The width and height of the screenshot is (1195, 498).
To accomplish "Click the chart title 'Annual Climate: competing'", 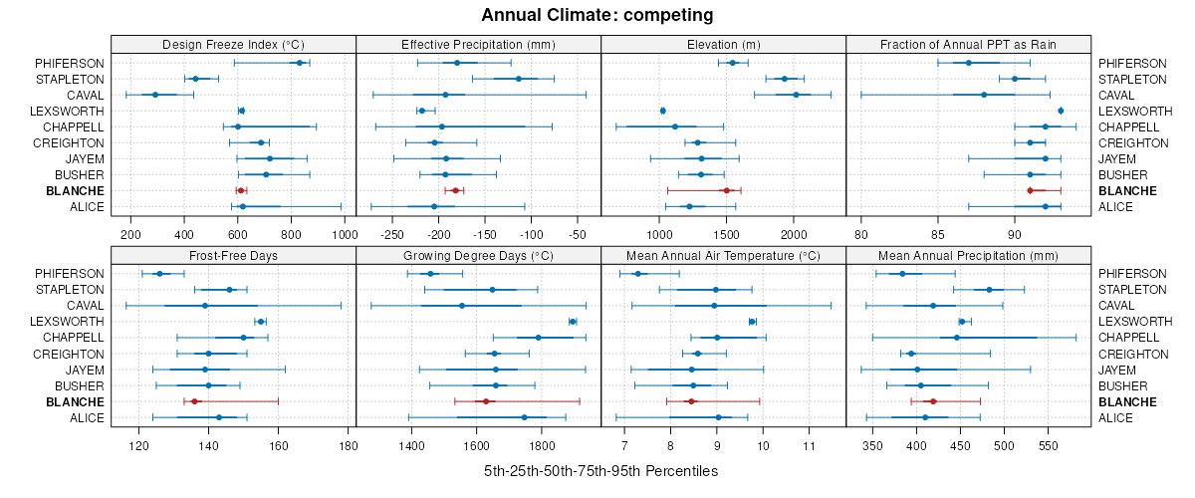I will (597, 15).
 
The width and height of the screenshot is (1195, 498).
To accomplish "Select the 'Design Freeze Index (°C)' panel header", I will (233, 44).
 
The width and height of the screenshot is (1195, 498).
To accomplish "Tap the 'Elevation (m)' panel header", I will (724, 44).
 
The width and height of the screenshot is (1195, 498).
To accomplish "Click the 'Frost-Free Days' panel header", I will (233, 255).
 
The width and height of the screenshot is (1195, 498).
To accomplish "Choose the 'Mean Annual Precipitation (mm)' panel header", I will (969, 255).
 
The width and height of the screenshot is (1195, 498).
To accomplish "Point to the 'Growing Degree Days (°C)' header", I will (478, 255).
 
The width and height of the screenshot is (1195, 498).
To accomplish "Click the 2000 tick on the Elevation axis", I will (793, 234).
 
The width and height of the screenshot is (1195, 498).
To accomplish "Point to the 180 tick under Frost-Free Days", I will (349, 445).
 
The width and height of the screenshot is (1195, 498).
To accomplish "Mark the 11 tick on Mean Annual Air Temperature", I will (808, 445).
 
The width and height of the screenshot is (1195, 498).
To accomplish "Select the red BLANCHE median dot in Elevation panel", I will (726, 190).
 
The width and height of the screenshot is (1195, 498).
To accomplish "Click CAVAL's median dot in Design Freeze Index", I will (155, 95).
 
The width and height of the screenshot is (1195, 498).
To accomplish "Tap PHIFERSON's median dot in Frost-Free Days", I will (159, 274).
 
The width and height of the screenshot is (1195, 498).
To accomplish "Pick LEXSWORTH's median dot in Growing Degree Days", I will (573, 322).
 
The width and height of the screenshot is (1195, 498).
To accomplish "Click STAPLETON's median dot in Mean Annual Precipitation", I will (989, 290).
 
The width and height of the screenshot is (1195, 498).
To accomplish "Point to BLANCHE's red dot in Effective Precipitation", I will (455, 190).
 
